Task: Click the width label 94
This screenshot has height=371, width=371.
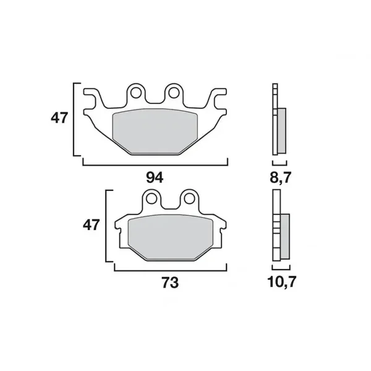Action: coord(155,177)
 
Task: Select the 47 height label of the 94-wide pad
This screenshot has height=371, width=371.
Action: coord(59,118)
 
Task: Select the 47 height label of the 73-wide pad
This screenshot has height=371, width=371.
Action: coord(92,225)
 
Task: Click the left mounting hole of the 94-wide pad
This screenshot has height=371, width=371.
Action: coord(137,93)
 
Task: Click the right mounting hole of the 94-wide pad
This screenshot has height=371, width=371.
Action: coord(174,93)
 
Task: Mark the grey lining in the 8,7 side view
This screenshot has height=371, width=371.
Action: coord(282,130)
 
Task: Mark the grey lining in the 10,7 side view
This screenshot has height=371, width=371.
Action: coord(284,237)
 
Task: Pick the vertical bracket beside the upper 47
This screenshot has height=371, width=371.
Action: coord(75,118)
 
